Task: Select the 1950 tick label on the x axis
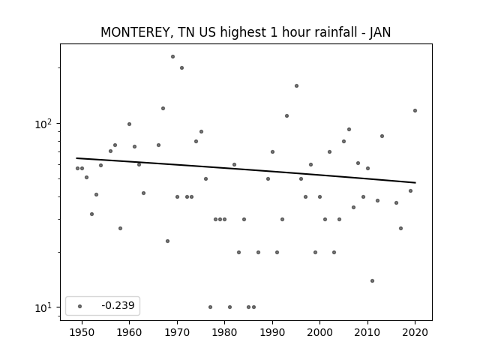click(x=82, y=332)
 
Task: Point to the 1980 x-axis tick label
click(x=225, y=332)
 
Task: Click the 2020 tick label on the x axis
click(x=415, y=332)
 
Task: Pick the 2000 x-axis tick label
click(x=320, y=332)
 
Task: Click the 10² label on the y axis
click(x=43, y=124)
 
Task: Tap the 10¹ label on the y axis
click(x=43, y=307)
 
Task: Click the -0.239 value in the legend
click(x=118, y=305)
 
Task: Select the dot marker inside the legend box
click(x=80, y=306)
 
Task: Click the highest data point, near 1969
click(x=172, y=57)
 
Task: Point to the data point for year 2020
click(x=415, y=110)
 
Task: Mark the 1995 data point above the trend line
click(x=296, y=85)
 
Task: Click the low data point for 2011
click(x=372, y=280)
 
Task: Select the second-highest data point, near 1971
click(x=181, y=68)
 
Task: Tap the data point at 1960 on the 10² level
click(x=129, y=124)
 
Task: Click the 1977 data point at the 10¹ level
click(x=210, y=307)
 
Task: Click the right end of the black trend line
click(x=415, y=183)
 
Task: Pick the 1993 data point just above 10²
click(x=286, y=115)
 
